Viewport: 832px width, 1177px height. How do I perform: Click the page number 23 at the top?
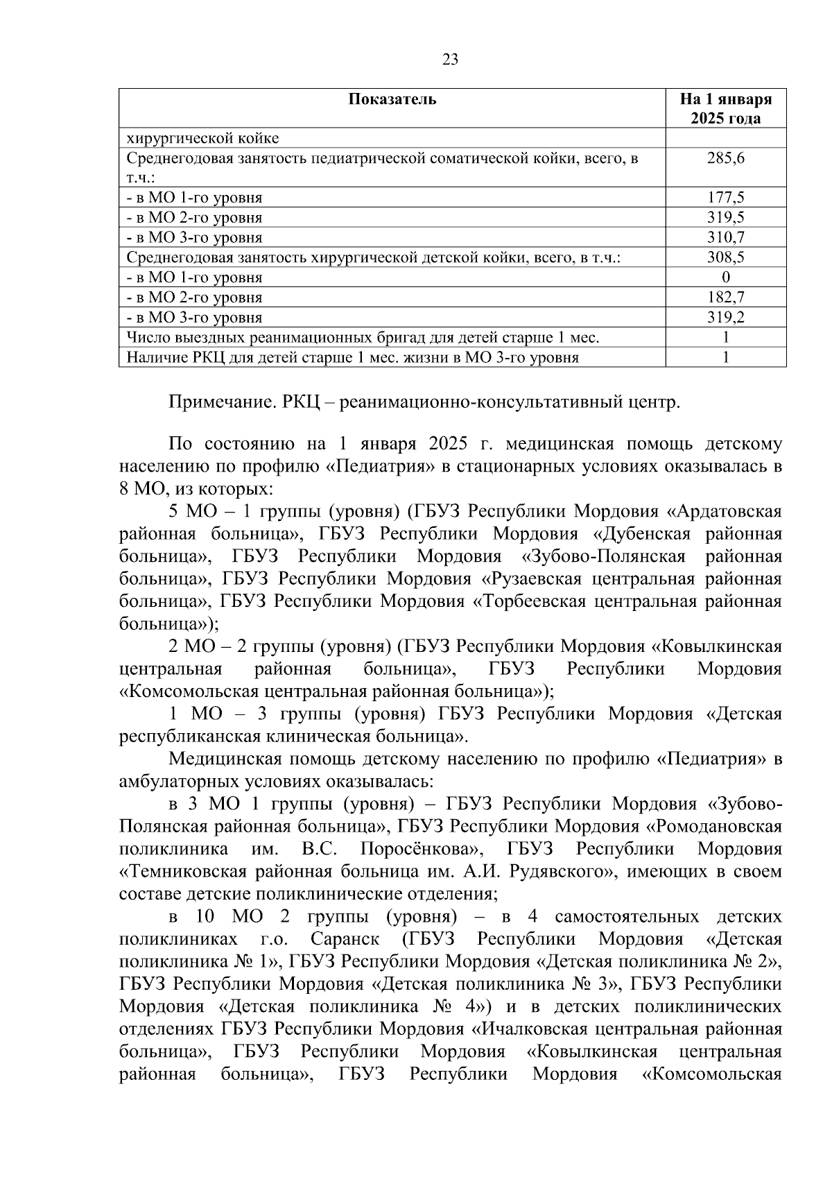450,60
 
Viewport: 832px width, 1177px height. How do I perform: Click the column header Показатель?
392,98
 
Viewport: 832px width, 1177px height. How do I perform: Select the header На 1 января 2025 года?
725,108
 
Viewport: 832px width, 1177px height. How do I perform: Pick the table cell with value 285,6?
725,158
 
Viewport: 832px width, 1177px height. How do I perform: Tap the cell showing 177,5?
725,198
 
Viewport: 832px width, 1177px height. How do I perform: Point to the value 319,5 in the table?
725,218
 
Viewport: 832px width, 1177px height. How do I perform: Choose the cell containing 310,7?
725,238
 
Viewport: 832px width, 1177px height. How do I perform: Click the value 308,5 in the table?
725,258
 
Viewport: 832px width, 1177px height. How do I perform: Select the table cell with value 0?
725,278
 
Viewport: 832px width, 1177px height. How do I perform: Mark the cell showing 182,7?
725,298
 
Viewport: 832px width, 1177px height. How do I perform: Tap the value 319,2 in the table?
725,318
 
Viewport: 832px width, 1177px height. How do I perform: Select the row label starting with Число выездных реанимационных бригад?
362,338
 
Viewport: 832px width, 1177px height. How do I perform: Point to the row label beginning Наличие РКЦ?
352,359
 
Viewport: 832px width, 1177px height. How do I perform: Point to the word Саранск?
345,939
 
